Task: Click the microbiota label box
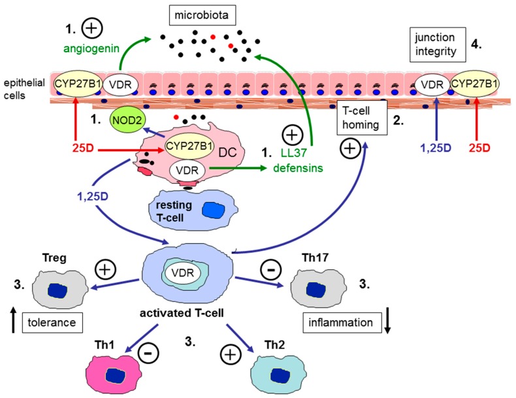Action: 202,15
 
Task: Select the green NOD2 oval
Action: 127,120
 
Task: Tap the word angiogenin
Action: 91,49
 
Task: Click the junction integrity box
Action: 438,44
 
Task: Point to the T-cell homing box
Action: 362,118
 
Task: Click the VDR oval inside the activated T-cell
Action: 183,273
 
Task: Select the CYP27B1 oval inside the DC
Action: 189,146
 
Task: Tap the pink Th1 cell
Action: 114,374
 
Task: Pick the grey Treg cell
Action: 60,289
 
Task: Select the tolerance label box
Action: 52,322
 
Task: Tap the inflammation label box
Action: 340,322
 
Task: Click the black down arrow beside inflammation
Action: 388,320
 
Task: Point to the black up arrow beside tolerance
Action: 13,320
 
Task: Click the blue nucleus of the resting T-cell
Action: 213,210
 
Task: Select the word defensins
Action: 298,168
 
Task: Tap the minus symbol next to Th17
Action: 271,270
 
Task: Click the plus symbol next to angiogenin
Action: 92,28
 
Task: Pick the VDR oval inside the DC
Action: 187,170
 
